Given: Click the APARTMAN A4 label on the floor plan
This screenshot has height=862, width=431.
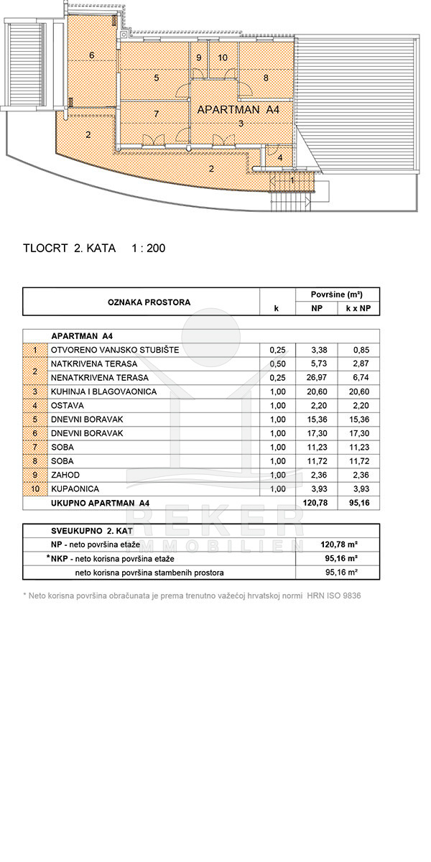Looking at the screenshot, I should pos(238,110).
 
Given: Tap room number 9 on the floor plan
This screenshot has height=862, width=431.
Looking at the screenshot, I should pos(199,57).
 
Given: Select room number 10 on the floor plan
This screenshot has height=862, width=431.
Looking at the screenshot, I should pos(223,57).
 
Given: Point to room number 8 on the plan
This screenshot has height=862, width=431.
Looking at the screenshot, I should pos(266,78).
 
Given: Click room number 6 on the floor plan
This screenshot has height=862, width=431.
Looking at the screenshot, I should pos(92,55).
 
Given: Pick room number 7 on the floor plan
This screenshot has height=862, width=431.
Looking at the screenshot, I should pos(156,113).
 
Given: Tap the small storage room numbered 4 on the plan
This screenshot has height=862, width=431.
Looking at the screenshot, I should pos(280,157).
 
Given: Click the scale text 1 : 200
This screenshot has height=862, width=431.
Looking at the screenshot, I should pos(149,249).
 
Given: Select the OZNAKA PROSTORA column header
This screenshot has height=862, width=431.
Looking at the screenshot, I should pos(149,302).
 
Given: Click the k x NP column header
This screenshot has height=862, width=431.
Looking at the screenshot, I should pos(358,309).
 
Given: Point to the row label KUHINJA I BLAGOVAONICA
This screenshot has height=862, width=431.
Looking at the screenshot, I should pos(103,391).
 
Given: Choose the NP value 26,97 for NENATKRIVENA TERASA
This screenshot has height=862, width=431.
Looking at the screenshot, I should pos(316,378).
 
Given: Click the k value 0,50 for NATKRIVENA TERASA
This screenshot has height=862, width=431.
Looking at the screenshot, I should pos(277,364).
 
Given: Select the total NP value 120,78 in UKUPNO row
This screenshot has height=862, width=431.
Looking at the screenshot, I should pos(316,503).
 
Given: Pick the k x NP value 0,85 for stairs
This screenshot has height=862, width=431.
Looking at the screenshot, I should pos(359,350).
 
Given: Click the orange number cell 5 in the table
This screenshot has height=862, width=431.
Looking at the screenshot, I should pos(35,420).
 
